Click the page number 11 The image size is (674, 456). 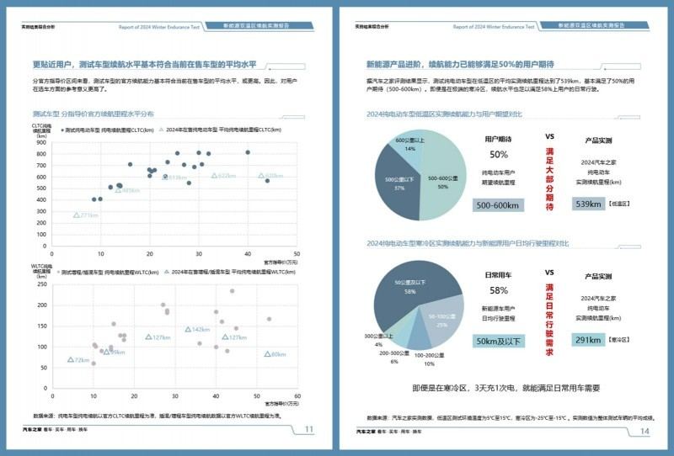pyautogui.click(x=308, y=430)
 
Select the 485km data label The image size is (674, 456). pyautogui.click(x=129, y=190)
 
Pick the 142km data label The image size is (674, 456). pyautogui.click(x=201, y=329)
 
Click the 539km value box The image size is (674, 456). pyautogui.click(x=587, y=204)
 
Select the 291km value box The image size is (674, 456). pyautogui.click(x=587, y=340)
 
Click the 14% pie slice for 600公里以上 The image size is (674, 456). pyautogui.click(x=410, y=145)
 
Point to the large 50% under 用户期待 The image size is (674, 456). pyautogui.click(x=499, y=155)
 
